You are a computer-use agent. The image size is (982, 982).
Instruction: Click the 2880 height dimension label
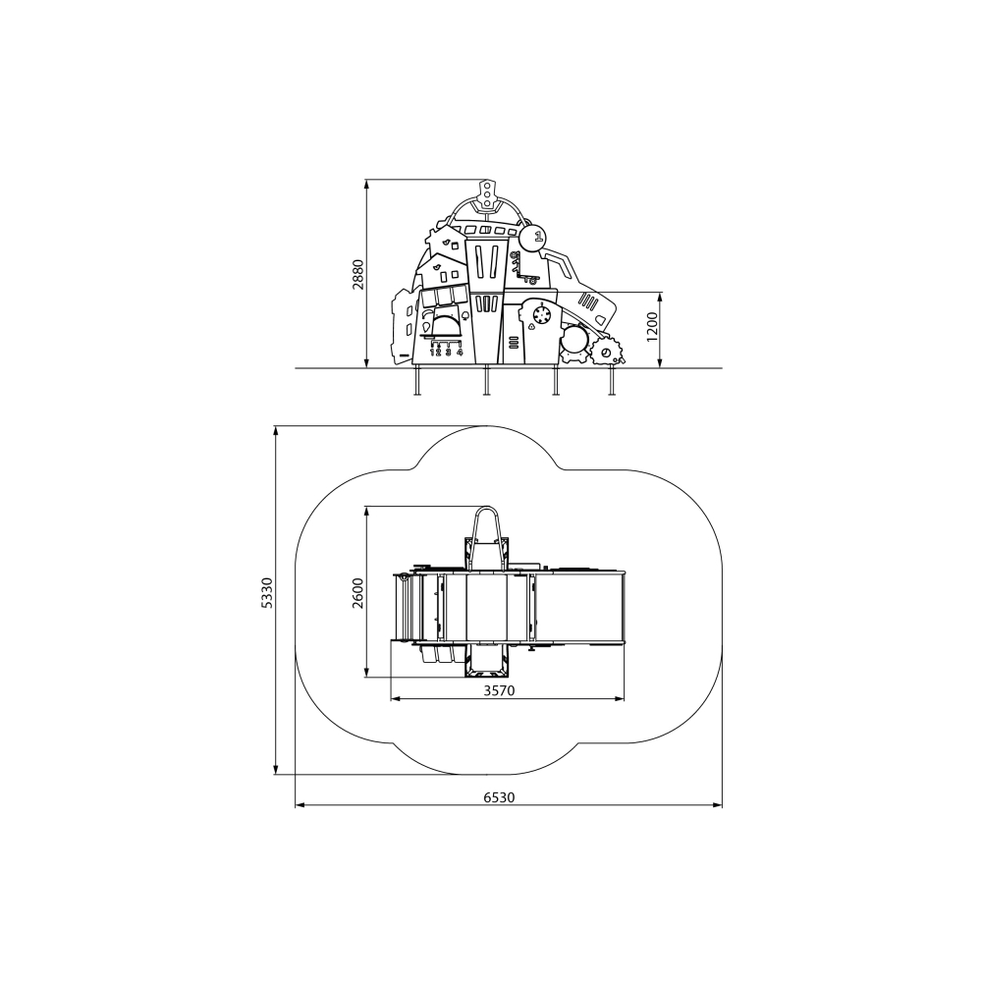357,274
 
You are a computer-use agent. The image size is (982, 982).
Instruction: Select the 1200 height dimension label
652,326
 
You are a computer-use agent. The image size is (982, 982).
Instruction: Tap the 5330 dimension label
267,592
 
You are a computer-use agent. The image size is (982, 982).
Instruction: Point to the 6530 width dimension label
499,797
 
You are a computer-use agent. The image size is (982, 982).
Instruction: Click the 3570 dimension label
499,690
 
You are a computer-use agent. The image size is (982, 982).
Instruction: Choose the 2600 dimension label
357,592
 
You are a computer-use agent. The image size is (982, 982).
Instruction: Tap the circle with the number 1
532,238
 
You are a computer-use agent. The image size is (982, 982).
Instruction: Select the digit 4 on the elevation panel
459,352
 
